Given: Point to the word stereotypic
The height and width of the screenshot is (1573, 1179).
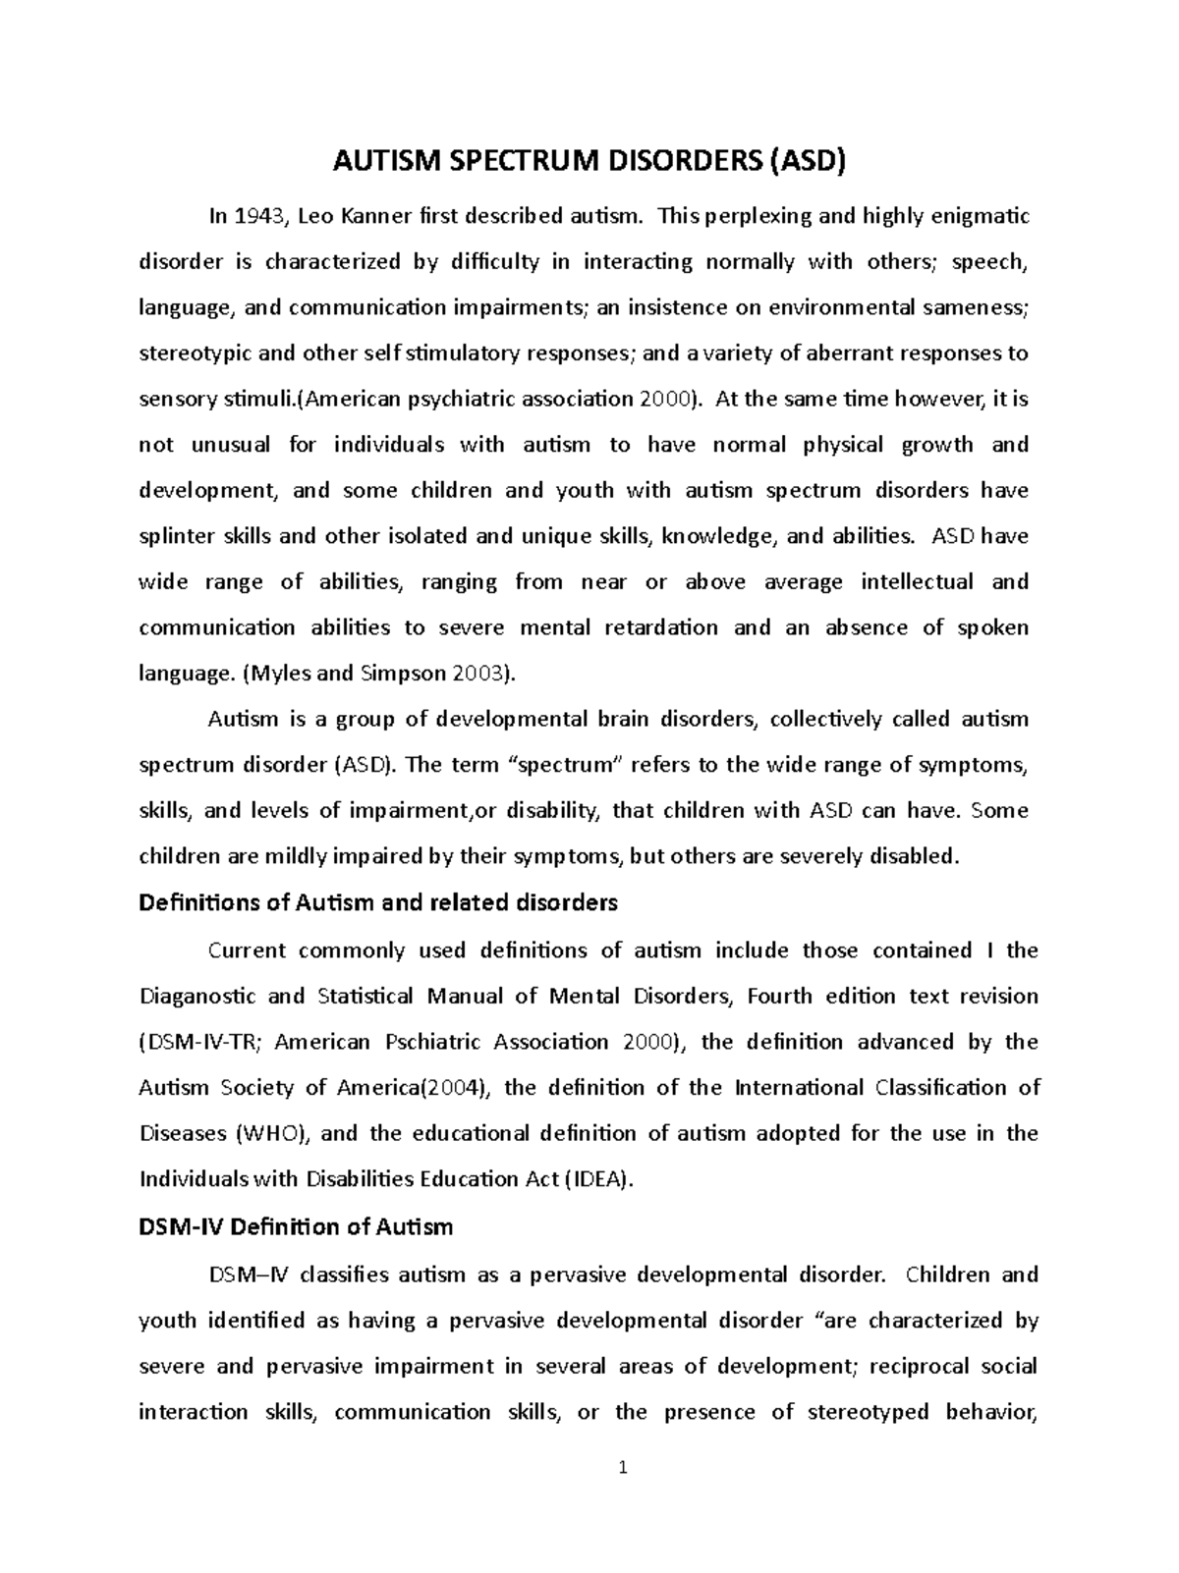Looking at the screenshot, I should click(x=190, y=353).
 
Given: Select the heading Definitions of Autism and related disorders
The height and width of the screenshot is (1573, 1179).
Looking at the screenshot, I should click(x=378, y=902).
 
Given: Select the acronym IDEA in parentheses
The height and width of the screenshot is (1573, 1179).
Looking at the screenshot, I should click(x=599, y=1179).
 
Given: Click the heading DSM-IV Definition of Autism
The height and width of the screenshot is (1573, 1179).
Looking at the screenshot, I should click(x=296, y=1226).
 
